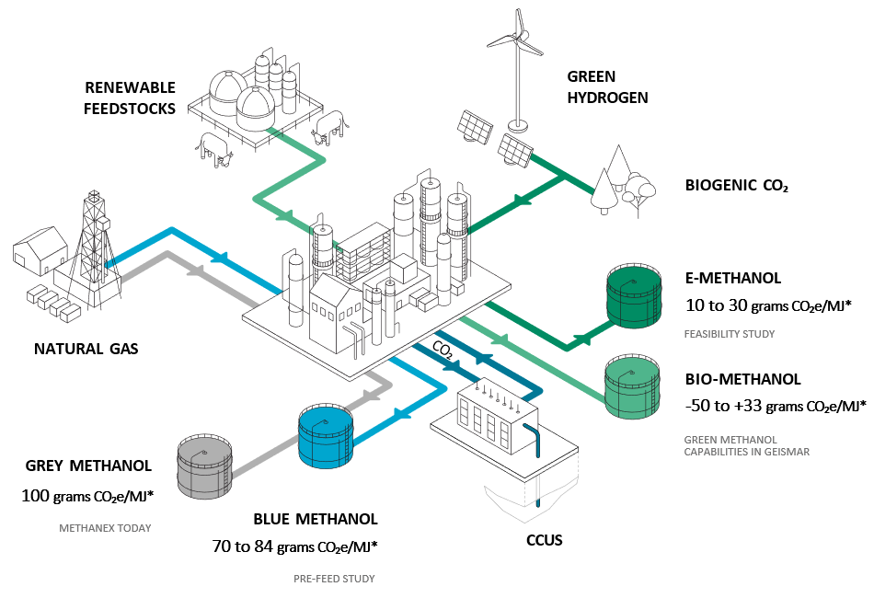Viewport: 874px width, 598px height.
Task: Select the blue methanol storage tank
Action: pos(327,431)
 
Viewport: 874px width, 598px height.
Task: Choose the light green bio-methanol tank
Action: pos(633,388)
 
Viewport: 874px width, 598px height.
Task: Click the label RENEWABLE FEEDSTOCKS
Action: pos(129,98)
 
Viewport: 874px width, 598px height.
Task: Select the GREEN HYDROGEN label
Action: pos(607,87)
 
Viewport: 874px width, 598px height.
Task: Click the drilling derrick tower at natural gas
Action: pos(96,244)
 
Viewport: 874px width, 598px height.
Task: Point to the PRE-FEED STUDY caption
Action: pos(334,579)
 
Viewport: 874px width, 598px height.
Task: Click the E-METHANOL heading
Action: pos(733,278)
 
